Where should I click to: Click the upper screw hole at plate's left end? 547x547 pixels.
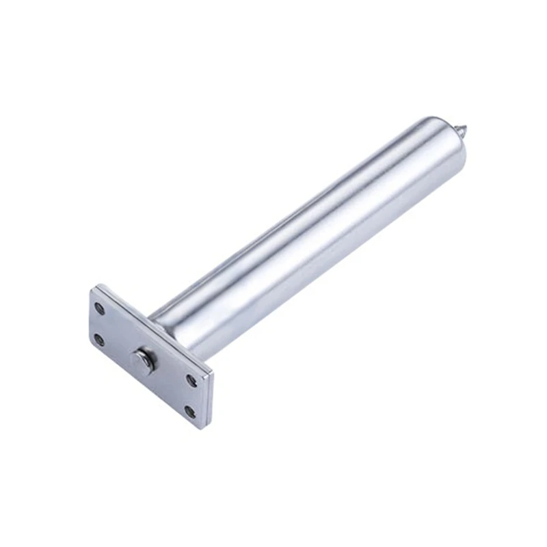101,309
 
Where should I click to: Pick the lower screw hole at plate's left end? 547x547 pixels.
100,338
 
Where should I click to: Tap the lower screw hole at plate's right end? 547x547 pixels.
189,411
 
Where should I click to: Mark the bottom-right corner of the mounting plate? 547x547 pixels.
202,429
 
